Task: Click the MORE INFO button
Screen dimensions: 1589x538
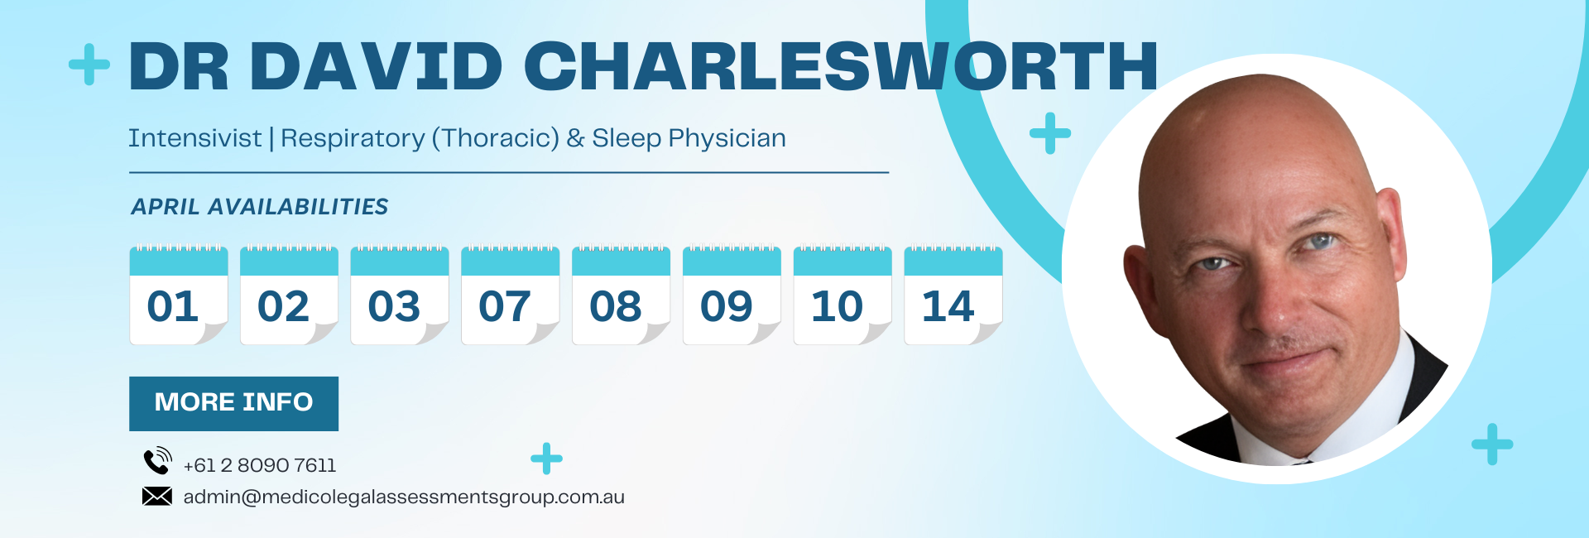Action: [233, 403]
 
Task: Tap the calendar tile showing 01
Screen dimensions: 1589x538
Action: [179, 295]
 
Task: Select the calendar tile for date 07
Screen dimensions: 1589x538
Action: [511, 295]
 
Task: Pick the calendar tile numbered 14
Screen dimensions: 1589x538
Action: [953, 295]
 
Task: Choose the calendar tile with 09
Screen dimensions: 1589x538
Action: [732, 295]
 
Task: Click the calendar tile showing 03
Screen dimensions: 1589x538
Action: [400, 295]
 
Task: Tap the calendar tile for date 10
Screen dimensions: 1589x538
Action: [843, 295]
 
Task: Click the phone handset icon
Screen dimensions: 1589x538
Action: [157, 460]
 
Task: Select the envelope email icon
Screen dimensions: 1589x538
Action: [157, 497]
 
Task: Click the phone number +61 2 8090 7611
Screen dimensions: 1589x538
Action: [260, 465]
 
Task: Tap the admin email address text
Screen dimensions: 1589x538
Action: [404, 497]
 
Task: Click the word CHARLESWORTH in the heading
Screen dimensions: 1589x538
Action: [841, 66]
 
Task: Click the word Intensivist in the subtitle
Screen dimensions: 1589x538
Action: [194, 138]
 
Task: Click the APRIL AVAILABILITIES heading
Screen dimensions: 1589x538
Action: [260, 207]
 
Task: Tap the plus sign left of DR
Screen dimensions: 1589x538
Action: [89, 65]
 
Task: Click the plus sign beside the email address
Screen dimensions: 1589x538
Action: [546, 459]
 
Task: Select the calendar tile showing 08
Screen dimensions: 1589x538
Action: [621, 295]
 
